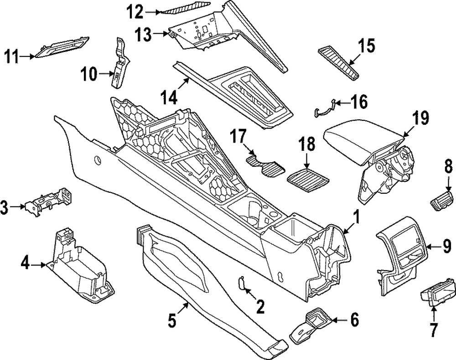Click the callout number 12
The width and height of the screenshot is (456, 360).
(135, 12)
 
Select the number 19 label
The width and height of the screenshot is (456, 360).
(419, 118)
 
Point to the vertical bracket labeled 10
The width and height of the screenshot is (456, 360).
(120, 62)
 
